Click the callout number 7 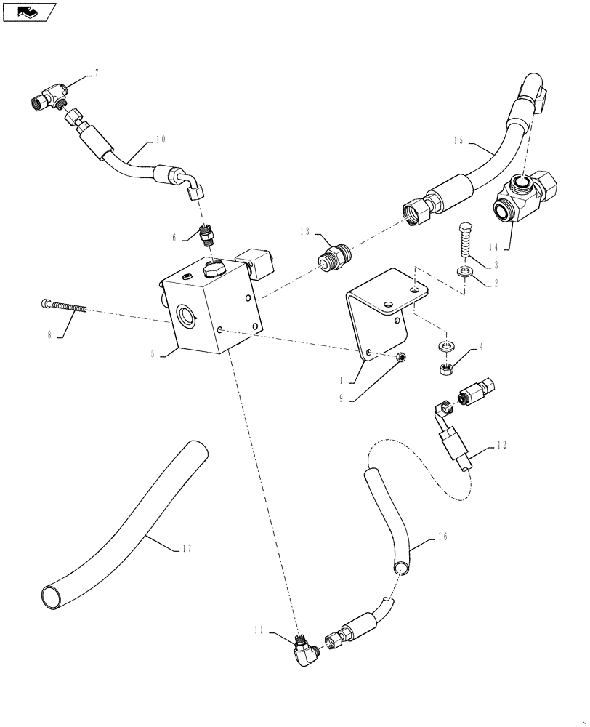point(96,73)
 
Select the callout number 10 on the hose point(161,139)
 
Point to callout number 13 point(304,231)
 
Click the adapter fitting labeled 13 point(336,258)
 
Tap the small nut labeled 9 point(401,357)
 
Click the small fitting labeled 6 point(208,236)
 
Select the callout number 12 point(501,445)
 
